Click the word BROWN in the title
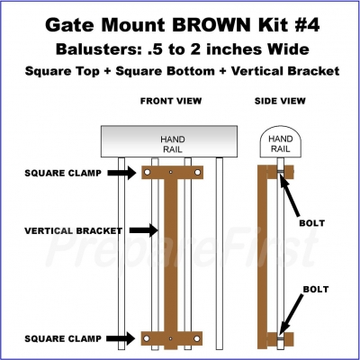pyautogui.click(x=211, y=24)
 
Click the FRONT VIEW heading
pyautogui.click(x=171, y=101)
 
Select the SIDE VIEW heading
pyautogui.click(x=280, y=101)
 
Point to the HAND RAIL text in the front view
pyautogui.click(x=172, y=144)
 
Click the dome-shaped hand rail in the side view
pyautogui.click(x=280, y=142)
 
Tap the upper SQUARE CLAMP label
pyautogui.click(x=63, y=173)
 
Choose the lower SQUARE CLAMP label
pyautogui.click(x=63, y=338)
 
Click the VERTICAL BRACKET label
pyautogui.click(x=74, y=230)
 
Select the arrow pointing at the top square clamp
pyautogui.click(x=121, y=173)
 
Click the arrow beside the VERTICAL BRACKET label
pyautogui.click(x=144, y=230)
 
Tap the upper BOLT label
pyautogui.click(x=312, y=223)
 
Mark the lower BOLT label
pyautogui.click(x=316, y=289)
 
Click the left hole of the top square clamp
pyautogui.click(x=148, y=172)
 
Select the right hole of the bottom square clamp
pyautogui.click(x=197, y=338)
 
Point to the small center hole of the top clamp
pyautogui.click(x=171, y=172)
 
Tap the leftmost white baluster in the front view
pyautogui.click(x=121, y=254)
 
